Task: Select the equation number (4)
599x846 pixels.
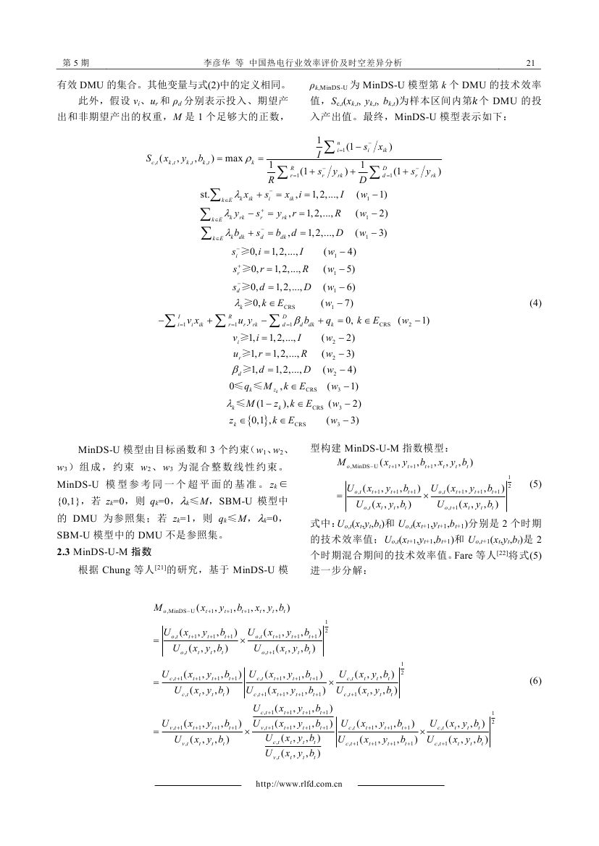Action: point(535,303)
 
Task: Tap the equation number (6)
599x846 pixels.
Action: point(535,681)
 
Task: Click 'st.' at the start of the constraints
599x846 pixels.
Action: point(204,195)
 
